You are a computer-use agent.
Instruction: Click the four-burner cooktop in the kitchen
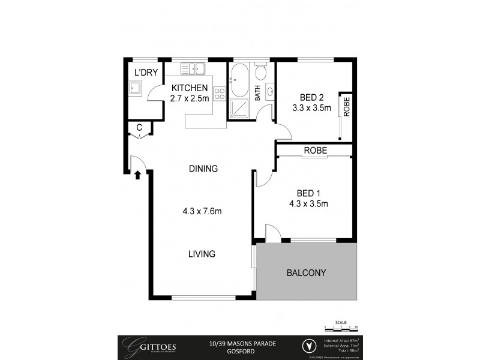219,93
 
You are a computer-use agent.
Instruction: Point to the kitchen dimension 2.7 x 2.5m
190,98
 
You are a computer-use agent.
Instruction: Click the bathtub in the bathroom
238,82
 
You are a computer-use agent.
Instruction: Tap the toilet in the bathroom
260,73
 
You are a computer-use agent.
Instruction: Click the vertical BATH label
257,94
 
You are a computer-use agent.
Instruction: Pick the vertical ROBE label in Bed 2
346,106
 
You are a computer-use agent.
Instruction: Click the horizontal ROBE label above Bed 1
315,151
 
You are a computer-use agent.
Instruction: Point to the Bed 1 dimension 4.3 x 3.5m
313,203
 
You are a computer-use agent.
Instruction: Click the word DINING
202,169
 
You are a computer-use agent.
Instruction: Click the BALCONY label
306,272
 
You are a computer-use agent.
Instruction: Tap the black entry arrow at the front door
137,175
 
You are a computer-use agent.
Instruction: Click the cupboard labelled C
139,127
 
